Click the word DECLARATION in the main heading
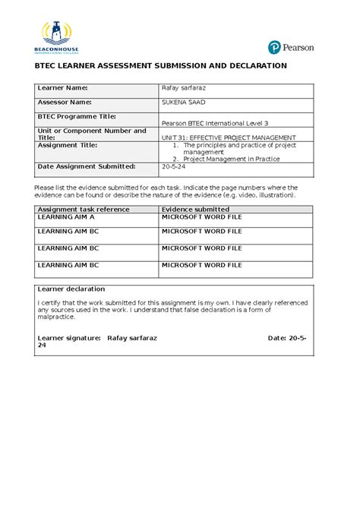(x=251, y=66)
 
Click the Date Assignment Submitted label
(x=87, y=166)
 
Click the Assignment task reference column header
(x=84, y=209)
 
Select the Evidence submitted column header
(x=196, y=209)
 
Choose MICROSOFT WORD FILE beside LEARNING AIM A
(x=202, y=217)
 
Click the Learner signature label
(x=69, y=335)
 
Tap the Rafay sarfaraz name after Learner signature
(x=132, y=335)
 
